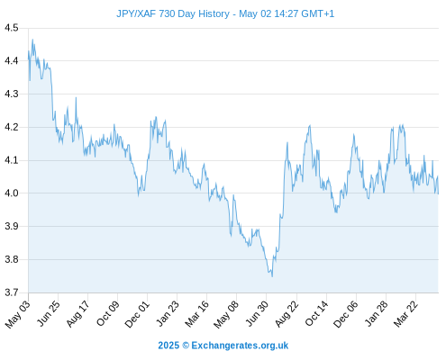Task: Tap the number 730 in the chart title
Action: click(167, 13)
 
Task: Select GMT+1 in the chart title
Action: click(318, 13)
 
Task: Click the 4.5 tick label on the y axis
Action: click(12, 28)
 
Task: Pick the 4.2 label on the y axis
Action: click(12, 127)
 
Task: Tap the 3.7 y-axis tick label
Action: click(12, 292)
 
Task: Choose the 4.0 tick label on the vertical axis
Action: click(12, 193)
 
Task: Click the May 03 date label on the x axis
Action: click(18, 314)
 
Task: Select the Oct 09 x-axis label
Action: click(108, 313)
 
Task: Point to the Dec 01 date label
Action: click(137, 314)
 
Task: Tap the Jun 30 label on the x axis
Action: click(257, 313)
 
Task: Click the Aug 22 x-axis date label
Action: click(287, 313)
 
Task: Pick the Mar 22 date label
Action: click(405, 313)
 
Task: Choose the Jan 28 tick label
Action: click(376, 313)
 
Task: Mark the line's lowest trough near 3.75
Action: click(272, 276)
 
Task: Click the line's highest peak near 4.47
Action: click(32, 40)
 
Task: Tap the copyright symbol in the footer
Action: click(186, 346)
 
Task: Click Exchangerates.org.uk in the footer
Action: click(240, 346)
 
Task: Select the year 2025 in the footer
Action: click(168, 346)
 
